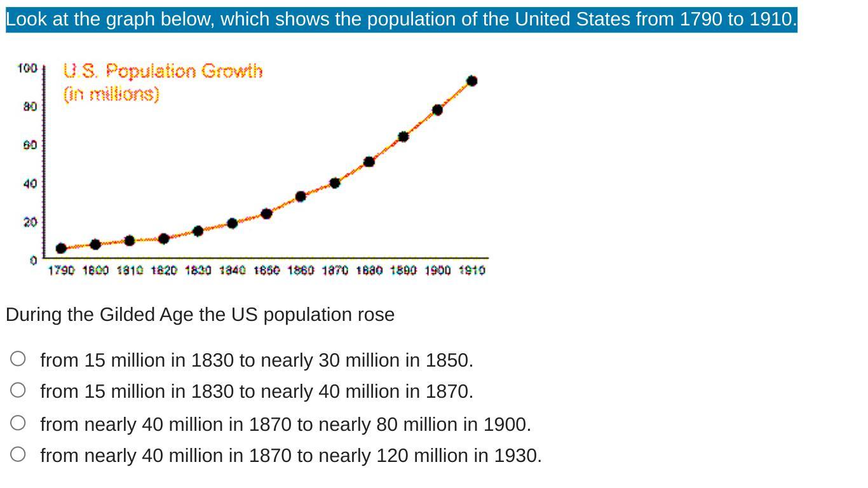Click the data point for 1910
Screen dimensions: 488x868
(471, 81)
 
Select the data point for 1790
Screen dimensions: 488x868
(61, 248)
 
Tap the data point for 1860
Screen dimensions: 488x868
(301, 196)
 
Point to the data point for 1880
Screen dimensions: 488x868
(369, 161)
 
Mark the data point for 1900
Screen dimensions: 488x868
(437, 110)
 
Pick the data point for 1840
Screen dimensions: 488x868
(232, 223)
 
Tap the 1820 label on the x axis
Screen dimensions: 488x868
(164, 271)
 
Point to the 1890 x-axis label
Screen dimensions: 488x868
(403, 271)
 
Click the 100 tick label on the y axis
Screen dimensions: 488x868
(27, 68)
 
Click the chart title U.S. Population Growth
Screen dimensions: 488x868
(163, 71)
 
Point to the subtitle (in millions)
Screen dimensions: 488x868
(111, 94)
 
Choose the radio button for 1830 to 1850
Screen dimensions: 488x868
(18, 359)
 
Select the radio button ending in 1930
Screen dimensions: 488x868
(18, 454)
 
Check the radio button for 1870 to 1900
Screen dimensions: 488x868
(18, 423)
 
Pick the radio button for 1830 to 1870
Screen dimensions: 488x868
(18, 390)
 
